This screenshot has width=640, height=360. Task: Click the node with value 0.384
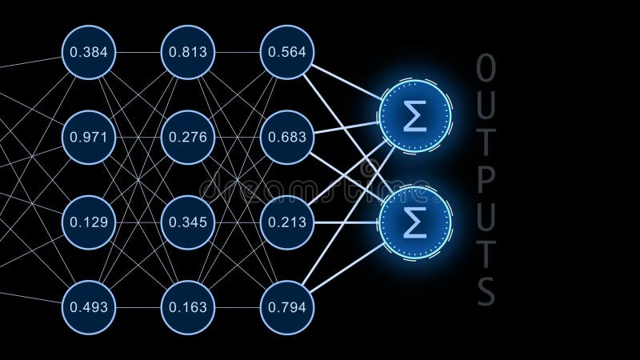tap(89, 53)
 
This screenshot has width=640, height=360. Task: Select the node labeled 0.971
tap(89, 137)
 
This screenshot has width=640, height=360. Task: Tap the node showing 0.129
tap(89, 222)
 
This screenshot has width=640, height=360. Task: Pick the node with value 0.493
tap(89, 306)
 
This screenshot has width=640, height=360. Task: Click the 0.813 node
tap(188, 53)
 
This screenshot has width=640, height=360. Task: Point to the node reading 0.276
tap(188, 137)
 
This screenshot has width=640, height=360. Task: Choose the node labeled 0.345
tap(188, 222)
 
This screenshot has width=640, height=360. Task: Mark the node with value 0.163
tap(188, 306)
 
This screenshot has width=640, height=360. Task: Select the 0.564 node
tap(287, 53)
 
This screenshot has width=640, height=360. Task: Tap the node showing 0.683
tap(287, 137)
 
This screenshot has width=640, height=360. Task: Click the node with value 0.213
tap(287, 222)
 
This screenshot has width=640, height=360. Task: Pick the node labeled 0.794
tap(287, 306)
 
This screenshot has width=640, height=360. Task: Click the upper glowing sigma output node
tap(415, 118)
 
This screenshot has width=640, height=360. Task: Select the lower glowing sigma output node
tap(415, 224)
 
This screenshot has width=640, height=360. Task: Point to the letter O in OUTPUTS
tap(486, 69)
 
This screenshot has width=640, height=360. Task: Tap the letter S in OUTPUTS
tap(486, 293)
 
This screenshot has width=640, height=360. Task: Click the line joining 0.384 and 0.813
tap(138, 53)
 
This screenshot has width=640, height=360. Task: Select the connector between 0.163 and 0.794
tap(238, 306)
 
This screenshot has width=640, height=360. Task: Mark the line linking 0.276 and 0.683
tap(238, 137)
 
